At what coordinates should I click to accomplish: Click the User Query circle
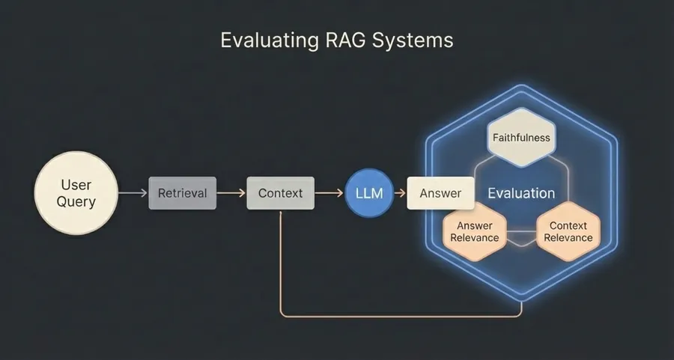pyautogui.click(x=76, y=192)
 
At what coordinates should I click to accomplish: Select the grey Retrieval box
pyautogui.click(x=182, y=193)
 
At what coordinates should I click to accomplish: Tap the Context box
pyautogui.click(x=280, y=193)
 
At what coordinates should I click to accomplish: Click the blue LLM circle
pyautogui.click(x=368, y=193)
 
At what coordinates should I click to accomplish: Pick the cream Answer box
pyautogui.click(x=440, y=193)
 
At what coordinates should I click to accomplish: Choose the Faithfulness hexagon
pyautogui.click(x=521, y=138)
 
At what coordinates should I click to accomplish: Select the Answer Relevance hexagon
pyautogui.click(x=474, y=231)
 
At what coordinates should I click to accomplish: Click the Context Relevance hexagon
pyautogui.click(x=568, y=231)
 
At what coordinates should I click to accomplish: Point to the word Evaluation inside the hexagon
pyautogui.click(x=521, y=193)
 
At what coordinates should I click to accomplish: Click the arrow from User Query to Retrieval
pyautogui.click(x=133, y=193)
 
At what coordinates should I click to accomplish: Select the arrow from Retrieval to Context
pyautogui.click(x=231, y=193)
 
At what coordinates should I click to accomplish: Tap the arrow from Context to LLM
pyautogui.click(x=329, y=193)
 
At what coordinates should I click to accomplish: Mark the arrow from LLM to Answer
pyautogui.click(x=398, y=193)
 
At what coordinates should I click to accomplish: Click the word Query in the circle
pyautogui.click(x=76, y=201)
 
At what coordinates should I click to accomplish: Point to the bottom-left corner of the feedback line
pyautogui.click(x=282, y=315)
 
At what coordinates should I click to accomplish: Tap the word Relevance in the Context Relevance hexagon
pyautogui.click(x=568, y=238)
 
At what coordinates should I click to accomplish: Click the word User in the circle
pyautogui.click(x=76, y=183)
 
